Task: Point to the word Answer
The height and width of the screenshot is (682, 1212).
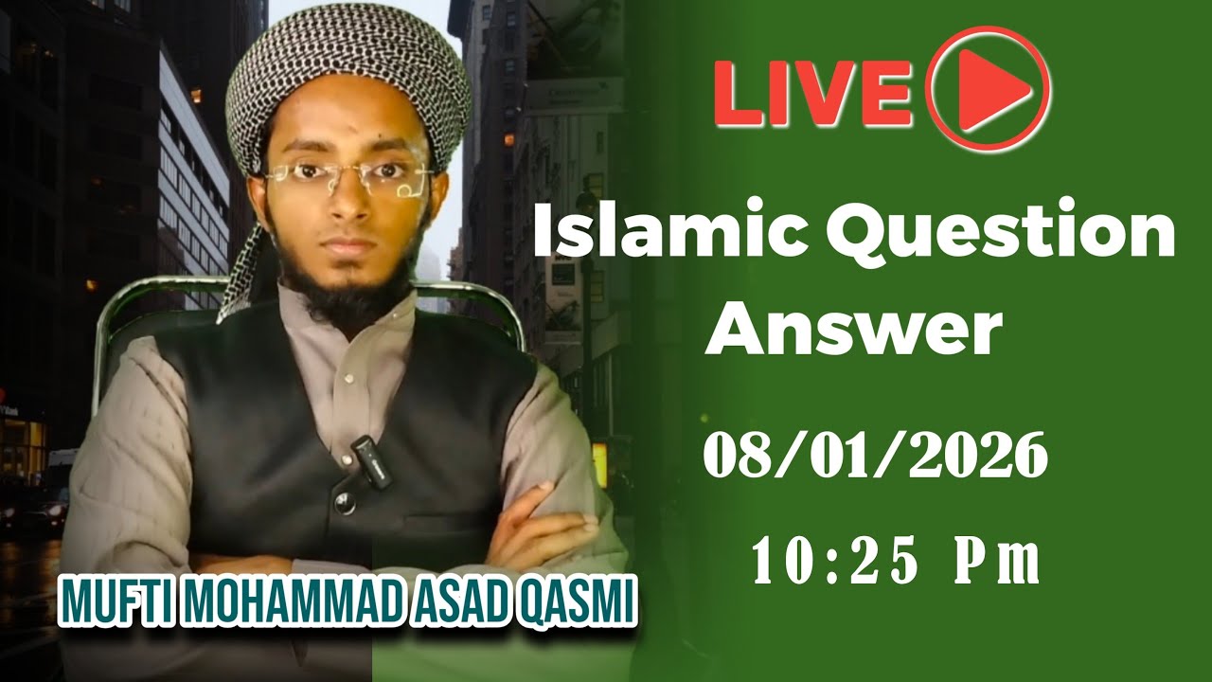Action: tap(851, 329)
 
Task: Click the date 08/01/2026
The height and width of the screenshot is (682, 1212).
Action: tap(875, 457)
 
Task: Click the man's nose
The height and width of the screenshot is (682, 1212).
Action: tap(348, 204)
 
